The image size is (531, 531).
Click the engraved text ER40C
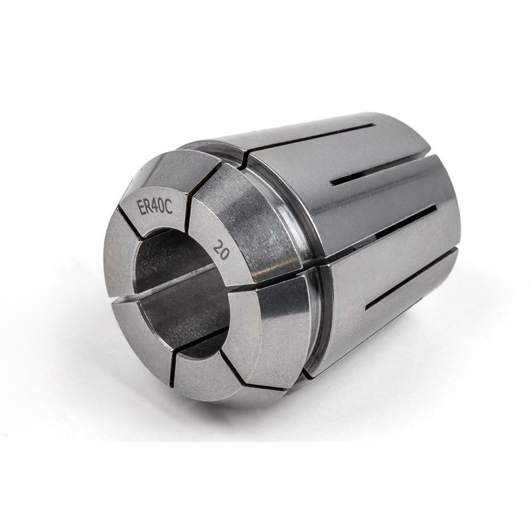(155, 206)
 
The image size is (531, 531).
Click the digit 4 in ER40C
(154, 205)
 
